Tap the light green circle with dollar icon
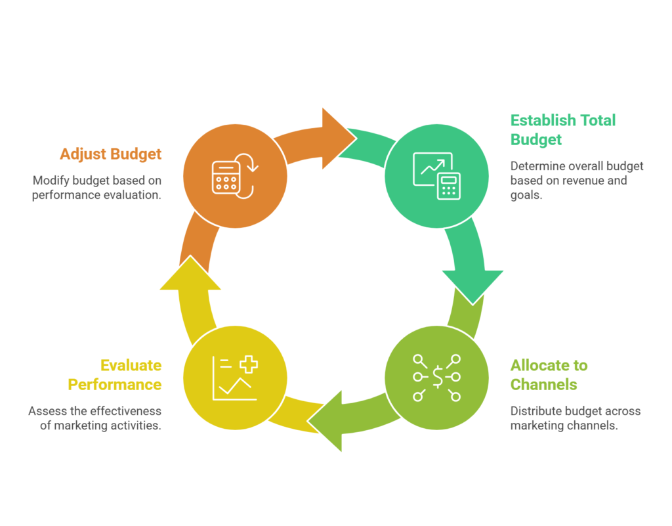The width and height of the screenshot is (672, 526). (x=436, y=377)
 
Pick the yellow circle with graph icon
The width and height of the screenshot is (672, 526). (x=235, y=377)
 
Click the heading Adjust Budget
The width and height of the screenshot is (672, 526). (x=110, y=154)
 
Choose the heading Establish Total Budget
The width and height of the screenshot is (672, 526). (x=562, y=129)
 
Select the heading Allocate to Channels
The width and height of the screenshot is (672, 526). (x=549, y=374)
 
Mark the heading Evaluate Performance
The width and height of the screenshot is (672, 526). (x=115, y=374)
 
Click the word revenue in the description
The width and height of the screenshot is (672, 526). (x=583, y=181)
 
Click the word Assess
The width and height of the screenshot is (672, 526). (x=46, y=411)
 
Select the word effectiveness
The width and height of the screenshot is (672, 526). (x=125, y=411)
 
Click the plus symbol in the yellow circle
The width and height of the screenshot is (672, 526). (x=247, y=364)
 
